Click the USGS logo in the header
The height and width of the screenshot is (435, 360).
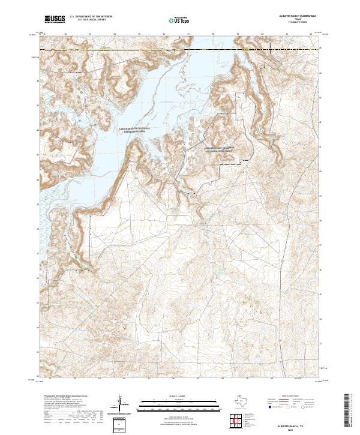pos(55,19)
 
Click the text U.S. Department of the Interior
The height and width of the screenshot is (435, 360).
pos(91,17)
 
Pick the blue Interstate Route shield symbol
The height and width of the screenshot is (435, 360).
pos(268,408)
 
